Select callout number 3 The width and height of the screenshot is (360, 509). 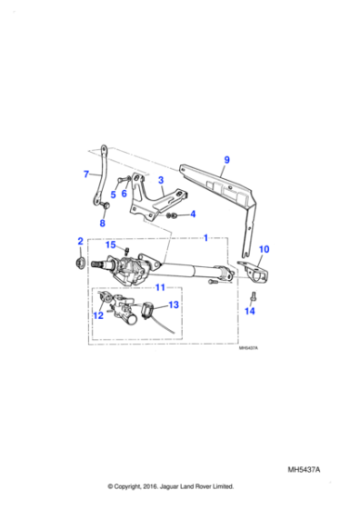pyautogui.click(x=160, y=180)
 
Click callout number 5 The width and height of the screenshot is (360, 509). pyautogui.click(x=114, y=194)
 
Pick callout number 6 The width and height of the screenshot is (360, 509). pyautogui.click(x=125, y=194)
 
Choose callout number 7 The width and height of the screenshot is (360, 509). pyautogui.click(x=86, y=175)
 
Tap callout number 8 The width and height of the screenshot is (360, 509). pyautogui.click(x=102, y=224)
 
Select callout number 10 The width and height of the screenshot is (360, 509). pyautogui.click(x=265, y=248)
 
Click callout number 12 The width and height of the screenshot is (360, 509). pyautogui.click(x=99, y=316)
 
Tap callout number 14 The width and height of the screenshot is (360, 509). pyautogui.click(x=251, y=311)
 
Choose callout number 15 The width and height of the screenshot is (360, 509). pyautogui.click(x=109, y=245)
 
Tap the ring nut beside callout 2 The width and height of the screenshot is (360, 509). pyautogui.click(x=80, y=264)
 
